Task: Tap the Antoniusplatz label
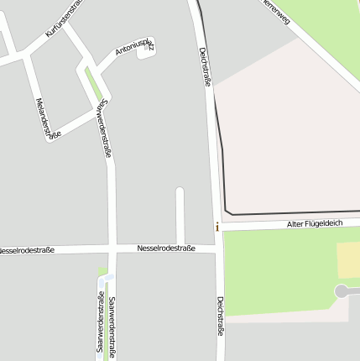(134, 47)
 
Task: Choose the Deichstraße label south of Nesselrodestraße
(221, 316)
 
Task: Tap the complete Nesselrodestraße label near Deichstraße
(166, 248)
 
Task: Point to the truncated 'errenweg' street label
(276, 11)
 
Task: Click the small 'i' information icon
(217, 227)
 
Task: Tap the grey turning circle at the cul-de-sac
(342, 291)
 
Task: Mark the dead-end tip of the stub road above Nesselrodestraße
(180, 192)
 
